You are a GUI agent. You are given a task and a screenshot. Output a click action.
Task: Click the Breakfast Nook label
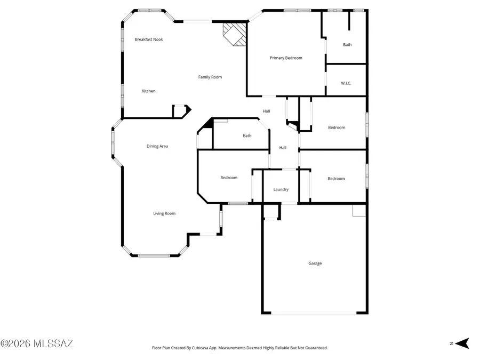click(149, 39)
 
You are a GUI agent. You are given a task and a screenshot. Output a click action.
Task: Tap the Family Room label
click(210, 77)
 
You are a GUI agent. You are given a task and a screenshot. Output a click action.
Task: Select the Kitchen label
click(148, 91)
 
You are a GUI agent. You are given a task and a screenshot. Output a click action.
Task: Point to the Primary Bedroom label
click(286, 58)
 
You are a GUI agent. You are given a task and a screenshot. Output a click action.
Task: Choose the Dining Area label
click(157, 146)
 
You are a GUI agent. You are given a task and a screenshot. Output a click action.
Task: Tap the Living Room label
click(164, 214)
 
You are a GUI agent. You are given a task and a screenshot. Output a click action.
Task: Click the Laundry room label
click(281, 190)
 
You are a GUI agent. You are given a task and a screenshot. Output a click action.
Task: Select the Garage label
click(315, 263)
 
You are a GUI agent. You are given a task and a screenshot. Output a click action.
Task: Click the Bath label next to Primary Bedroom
click(347, 45)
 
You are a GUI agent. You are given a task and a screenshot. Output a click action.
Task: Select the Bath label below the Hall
click(247, 136)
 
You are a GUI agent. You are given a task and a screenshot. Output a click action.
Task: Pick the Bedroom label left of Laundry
click(229, 178)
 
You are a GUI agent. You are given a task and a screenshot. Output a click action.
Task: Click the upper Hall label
click(266, 111)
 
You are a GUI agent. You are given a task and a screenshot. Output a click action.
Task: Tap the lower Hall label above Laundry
click(283, 148)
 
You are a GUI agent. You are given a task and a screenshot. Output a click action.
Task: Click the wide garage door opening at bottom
click(315, 313)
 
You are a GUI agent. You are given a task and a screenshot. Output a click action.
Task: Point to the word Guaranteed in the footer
click(315, 348)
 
